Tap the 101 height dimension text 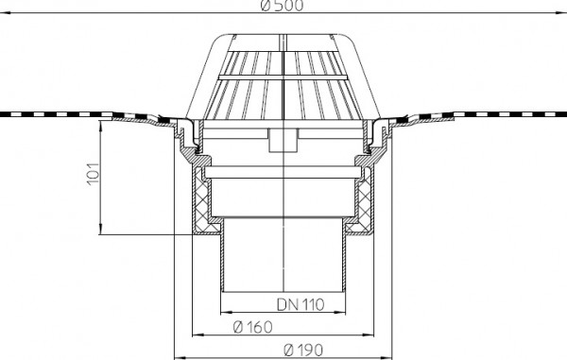93,174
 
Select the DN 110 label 301,304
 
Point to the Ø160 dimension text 252,328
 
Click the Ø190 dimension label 303,351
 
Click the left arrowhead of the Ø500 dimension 6,13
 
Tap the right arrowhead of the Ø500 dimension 561,13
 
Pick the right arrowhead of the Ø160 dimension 369,335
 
